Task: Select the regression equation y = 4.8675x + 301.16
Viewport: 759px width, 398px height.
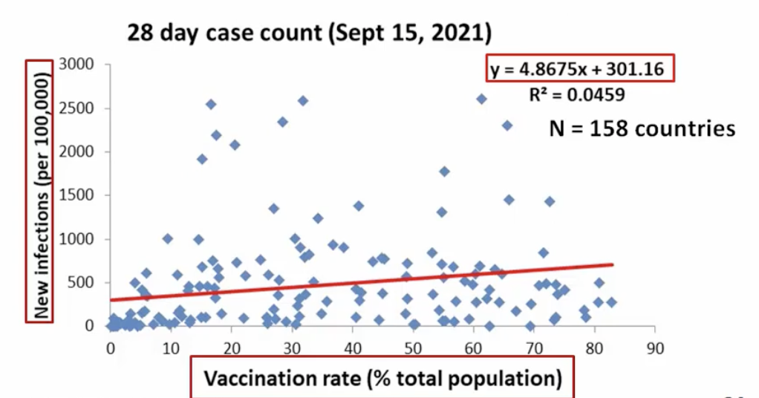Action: pos(582,71)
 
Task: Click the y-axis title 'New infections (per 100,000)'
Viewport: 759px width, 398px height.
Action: pos(42,190)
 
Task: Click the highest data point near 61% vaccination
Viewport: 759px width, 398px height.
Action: pos(481,99)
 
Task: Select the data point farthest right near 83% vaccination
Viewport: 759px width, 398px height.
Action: pos(611,302)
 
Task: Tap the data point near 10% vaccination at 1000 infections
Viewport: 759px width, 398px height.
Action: pos(168,238)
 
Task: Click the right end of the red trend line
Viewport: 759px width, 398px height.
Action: pos(613,264)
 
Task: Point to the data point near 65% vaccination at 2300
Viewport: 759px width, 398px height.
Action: pos(507,125)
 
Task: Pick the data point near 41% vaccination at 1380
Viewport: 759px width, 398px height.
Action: pos(358,206)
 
